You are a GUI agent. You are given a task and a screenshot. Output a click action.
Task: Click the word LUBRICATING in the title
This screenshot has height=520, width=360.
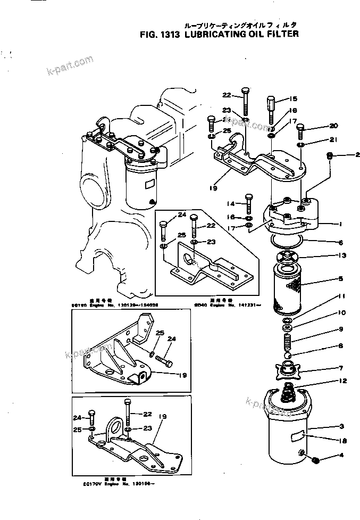click(220, 34)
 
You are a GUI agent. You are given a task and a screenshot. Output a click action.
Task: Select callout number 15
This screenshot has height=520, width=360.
click(294, 99)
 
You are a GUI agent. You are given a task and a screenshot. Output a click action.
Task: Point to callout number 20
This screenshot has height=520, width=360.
click(334, 126)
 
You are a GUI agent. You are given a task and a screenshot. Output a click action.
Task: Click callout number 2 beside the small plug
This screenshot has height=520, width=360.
click(351, 155)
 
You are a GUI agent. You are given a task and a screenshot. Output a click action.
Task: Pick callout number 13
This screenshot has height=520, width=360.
click(344, 255)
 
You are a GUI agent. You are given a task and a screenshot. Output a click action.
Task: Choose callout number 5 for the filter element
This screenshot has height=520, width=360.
click(341, 278)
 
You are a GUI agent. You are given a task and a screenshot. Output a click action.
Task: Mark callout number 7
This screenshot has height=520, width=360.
click(341, 368)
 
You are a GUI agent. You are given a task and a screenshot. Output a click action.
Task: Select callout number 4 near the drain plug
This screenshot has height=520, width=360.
click(341, 456)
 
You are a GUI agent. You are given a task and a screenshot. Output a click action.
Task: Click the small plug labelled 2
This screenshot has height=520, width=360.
click(329, 155)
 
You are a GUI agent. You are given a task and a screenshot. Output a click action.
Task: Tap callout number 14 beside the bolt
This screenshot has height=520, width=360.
click(231, 203)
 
